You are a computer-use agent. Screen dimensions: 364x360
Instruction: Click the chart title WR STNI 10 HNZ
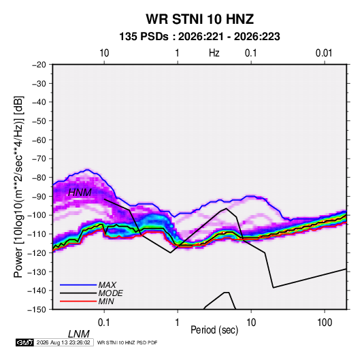tap(199, 19)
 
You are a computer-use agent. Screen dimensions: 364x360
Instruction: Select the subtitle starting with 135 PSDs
tap(199, 37)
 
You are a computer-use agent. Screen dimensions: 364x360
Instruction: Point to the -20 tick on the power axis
tap(39, 65)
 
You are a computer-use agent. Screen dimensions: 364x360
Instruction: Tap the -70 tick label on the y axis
tap(39, 159)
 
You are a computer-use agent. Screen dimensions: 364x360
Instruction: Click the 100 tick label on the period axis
tap(325, 323)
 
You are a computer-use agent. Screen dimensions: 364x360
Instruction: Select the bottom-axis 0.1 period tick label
tap(104, 323)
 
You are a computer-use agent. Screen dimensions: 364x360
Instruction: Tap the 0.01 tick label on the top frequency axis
tap(324, 53)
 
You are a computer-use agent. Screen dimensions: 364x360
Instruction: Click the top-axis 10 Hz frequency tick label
tap(104, 53)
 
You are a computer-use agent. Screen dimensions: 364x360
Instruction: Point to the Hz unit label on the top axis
tap(214, 53)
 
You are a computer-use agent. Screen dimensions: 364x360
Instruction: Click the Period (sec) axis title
tap(214, 330)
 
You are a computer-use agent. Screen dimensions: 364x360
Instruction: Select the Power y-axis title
tap(18, 187)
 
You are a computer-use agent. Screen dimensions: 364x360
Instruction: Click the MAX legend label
tap(107, 285)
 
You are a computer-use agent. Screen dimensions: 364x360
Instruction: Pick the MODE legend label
tap(110, 293)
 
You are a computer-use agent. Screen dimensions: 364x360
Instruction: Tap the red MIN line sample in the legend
tap(78, 301)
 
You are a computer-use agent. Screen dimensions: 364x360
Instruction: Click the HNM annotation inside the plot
tap(80, 193)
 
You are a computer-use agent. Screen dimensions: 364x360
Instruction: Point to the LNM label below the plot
tap(78, 334)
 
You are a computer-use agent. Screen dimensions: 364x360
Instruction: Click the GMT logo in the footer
tap(24, 342)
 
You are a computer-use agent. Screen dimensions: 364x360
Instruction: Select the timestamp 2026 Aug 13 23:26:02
tap(63, 342)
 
